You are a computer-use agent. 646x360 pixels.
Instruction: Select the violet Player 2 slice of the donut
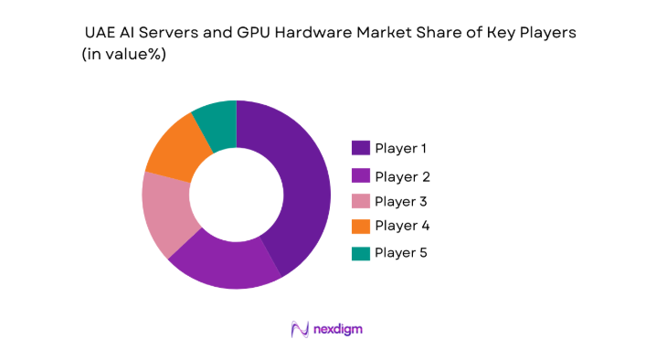tap(224, 264)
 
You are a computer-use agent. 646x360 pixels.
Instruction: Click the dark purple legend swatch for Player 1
tap(361, 148)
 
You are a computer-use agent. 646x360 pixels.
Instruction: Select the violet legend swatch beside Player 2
tap(361, 176)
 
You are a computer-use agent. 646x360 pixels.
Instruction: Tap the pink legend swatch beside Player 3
tap(361, 201)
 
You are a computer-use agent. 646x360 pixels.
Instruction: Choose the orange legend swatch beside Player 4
tap(361, 225)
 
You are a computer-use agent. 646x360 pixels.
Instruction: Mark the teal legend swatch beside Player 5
tap(361, 252)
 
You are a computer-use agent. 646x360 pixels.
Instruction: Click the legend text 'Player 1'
tap(401, 148)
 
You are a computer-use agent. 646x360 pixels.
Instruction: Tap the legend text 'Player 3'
tap(401, 201)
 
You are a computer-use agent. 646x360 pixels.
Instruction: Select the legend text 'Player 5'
tap(401, 252)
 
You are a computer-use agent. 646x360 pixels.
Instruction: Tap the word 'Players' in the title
tap(548, 33)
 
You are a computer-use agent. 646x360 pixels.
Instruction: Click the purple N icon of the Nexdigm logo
tap(298, 329)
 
